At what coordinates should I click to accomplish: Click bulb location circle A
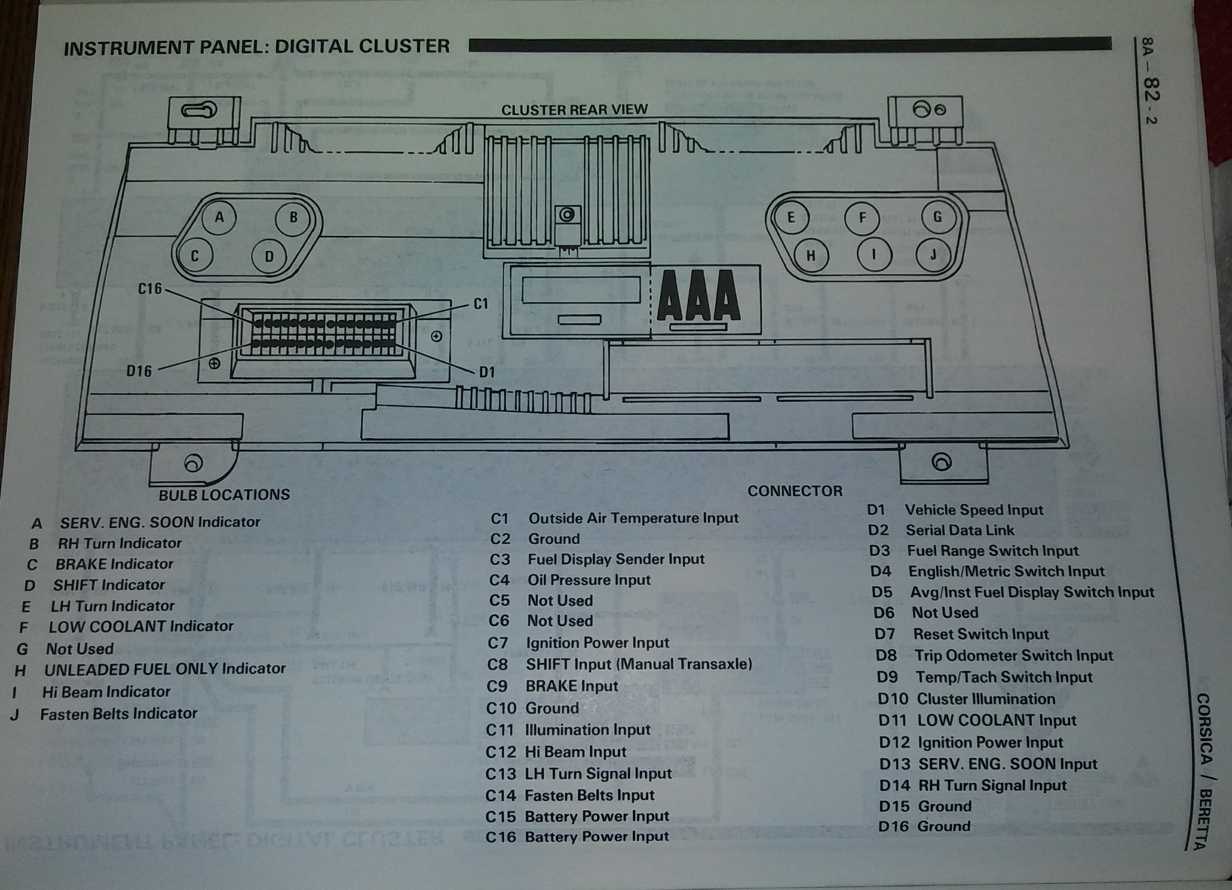[219, 218]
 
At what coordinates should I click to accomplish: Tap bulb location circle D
[269, 256]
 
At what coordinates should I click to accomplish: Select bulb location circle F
[861, 218]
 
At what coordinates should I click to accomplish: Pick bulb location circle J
[933, 254]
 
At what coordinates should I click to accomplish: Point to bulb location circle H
[810, 255]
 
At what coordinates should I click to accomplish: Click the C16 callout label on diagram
[150, 288]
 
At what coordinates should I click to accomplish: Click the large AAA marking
[698, 296]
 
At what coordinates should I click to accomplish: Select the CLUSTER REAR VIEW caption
[574, 110]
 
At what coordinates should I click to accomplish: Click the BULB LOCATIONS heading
[224, 495]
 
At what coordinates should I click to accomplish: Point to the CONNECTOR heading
[795, 491]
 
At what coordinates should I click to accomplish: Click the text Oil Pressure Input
[589, 580]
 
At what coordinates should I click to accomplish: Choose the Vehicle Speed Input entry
[974, 510]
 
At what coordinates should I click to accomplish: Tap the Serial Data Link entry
[960, 530]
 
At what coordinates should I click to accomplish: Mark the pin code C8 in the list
[497, 664]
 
